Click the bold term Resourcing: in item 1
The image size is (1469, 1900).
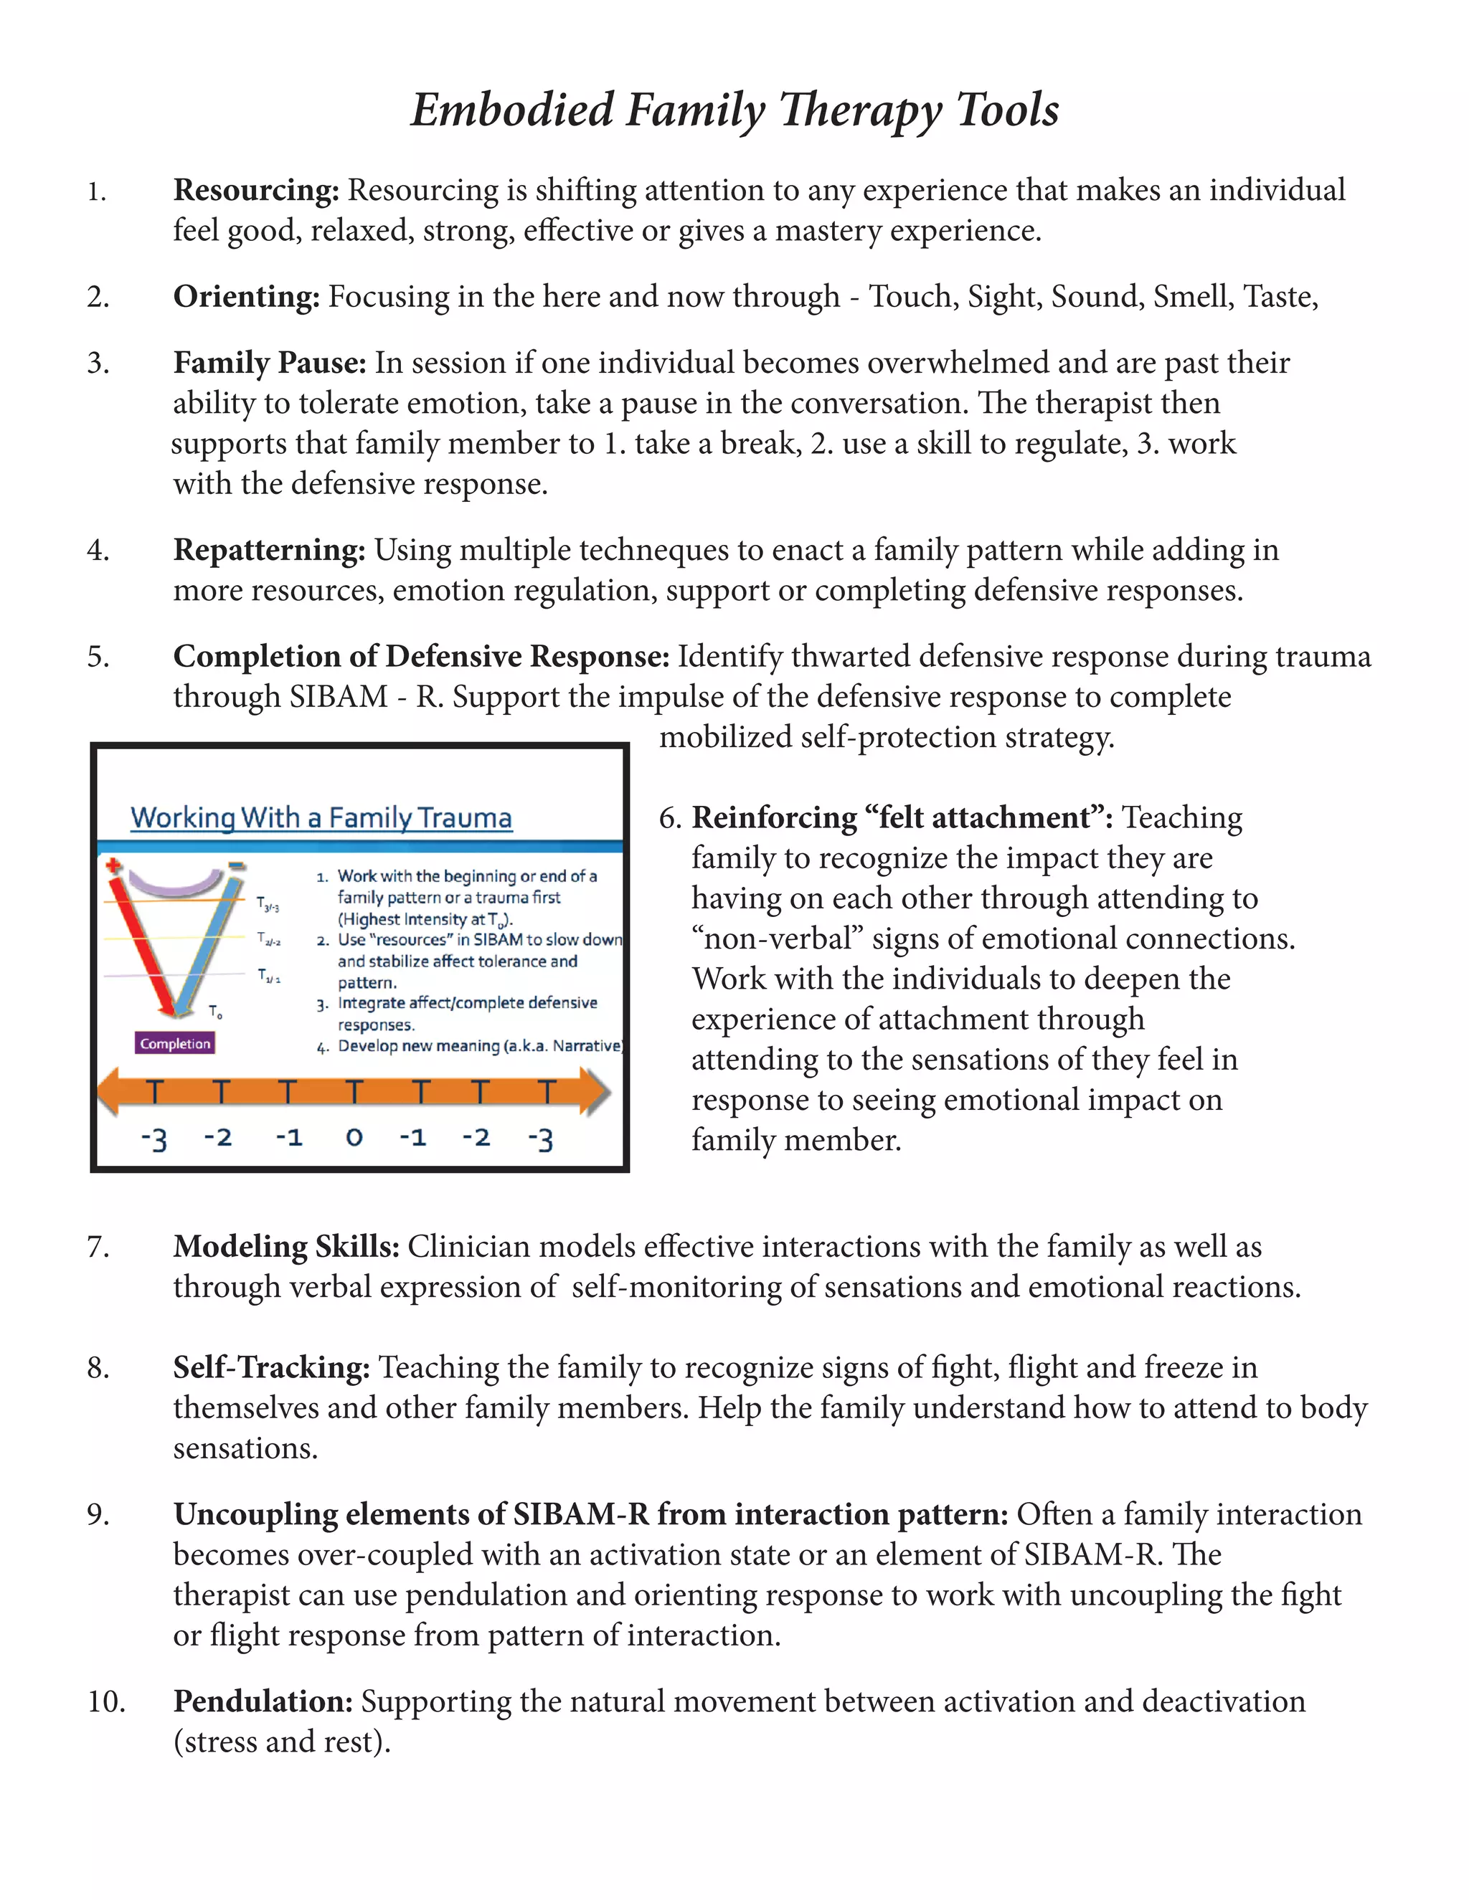[256, 191]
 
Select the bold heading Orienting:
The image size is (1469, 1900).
[246, 297]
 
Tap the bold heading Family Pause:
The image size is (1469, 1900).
[270, 363]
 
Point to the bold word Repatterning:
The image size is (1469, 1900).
[269, 551]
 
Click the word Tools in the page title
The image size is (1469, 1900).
[1007, 110]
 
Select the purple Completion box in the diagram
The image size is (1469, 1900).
[175, 1043]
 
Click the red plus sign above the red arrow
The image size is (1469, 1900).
[113, 865]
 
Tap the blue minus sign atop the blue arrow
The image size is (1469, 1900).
[236, 865]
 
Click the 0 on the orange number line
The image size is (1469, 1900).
[354, 1137]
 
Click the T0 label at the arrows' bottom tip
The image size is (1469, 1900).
[216, 1012]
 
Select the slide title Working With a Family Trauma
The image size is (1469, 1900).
[321, 818]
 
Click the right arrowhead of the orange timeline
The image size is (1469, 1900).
[595, 1092]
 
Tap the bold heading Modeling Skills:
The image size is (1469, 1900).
[285, 1247]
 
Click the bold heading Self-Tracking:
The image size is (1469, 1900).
[272, 1367]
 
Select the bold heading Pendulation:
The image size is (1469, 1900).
[263, 1701]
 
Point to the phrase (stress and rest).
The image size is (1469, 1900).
[282, 1742]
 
